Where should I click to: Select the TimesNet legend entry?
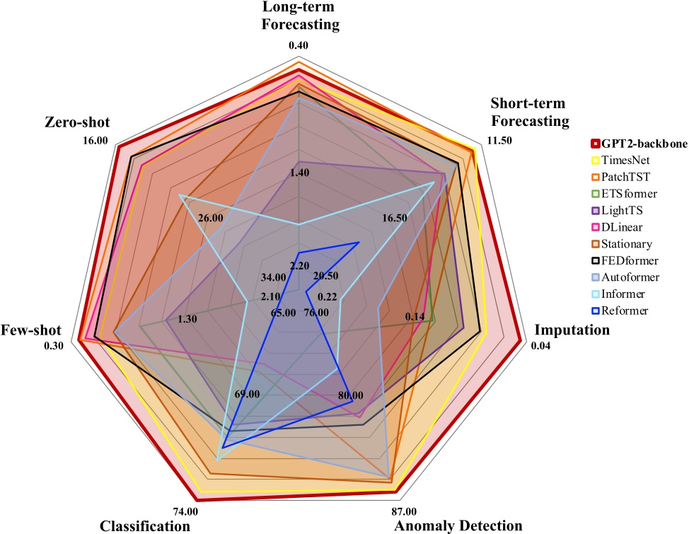(x=629, y=161)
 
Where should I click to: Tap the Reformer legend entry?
(x=628, y=310)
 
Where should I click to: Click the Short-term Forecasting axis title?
(x=530, y=111)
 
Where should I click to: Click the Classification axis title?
(x=145, y=526)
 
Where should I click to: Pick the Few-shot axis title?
(x=31, y=330)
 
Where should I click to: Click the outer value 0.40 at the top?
(x=299, y=46)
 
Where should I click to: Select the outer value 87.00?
(x=403, y=511)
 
